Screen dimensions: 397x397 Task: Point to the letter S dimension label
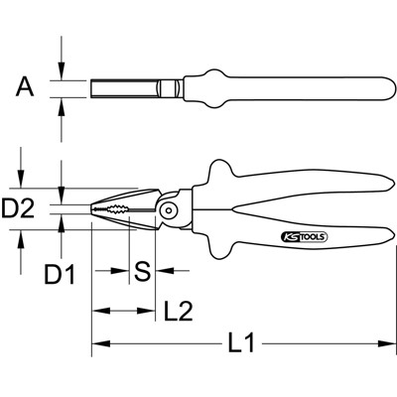tap(142, 269)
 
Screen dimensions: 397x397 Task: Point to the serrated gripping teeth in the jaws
tap(125, 209)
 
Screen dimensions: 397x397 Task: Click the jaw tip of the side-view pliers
tap(95, 209)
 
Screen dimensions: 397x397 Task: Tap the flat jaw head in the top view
tap(129, 88)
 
